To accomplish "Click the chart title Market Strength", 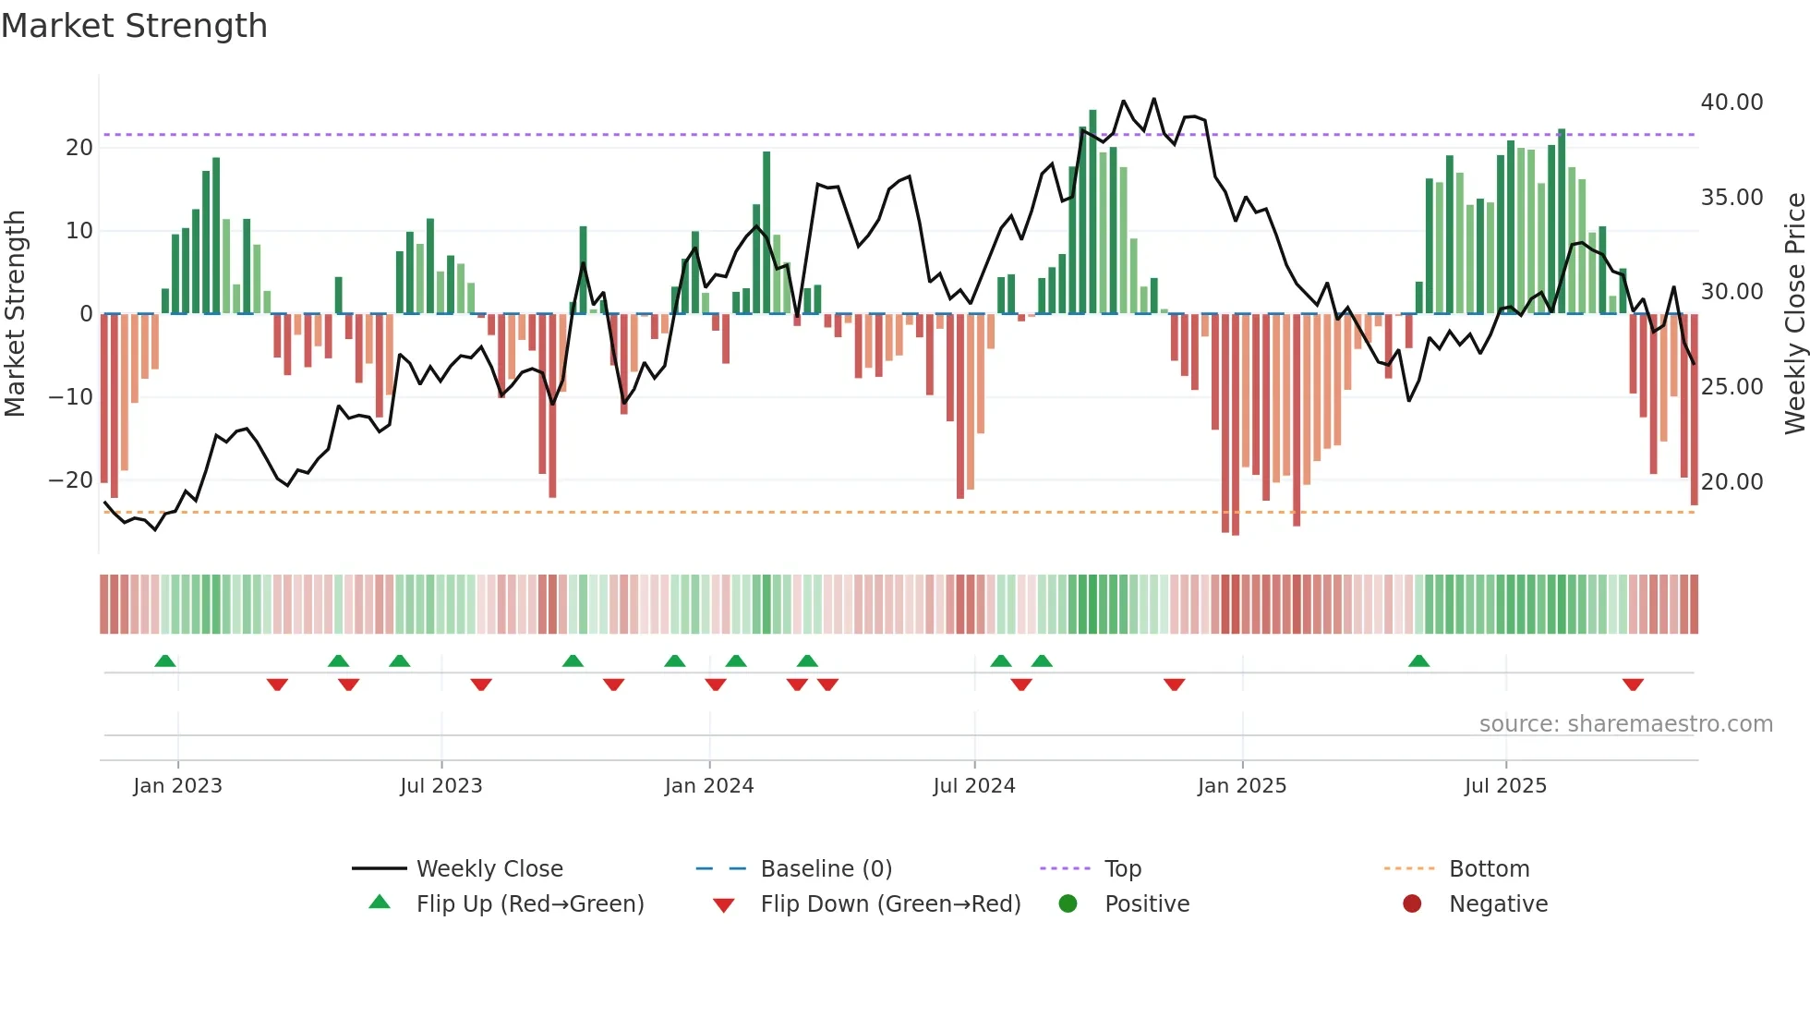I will click(x=134, y=26).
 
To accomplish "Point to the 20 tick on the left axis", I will click(x=79, y=148).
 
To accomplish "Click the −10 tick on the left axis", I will click(x=71, y=397).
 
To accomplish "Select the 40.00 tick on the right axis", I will click(x=1732, y=103).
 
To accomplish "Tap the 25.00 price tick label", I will click(x=1732, y=387).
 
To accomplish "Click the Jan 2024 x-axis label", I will click(x=708, y=786).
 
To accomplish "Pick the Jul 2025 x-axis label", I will click(x=1504, y=786).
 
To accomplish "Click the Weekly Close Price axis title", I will click(x=1794, y=314).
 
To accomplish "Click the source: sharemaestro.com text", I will click(x=1625, y=724).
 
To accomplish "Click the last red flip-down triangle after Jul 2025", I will click(x=1632, y=685).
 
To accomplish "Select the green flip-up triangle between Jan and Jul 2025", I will click(x=1418, y=660).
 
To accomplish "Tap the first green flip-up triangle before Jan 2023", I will click(x=165, y=660).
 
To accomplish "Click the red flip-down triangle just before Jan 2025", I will click(x=1174, y=685).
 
